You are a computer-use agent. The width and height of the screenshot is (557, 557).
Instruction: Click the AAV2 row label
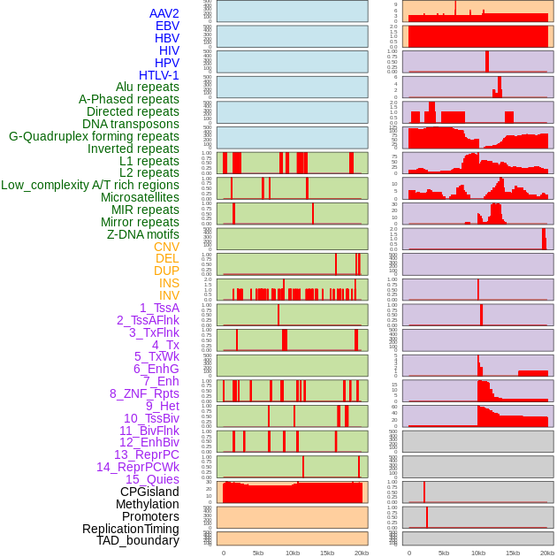(x=164, y=13)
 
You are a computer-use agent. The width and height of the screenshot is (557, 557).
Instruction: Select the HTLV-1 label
(x=158, y=75)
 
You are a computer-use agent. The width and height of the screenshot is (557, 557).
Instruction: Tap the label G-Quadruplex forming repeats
(x=94, y=136)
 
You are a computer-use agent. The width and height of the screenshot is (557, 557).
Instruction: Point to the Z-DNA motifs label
(x=142, y=234)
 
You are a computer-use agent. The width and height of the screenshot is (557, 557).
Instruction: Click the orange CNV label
(x=166, y=247)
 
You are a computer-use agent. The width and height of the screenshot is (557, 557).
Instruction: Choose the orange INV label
(x=169, y=295)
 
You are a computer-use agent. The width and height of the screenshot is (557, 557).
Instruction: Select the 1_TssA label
(x=159, y=308)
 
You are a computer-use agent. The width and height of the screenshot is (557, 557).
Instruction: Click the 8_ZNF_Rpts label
(x=144, y=393)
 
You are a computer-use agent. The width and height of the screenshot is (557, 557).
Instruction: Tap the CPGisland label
(x=149, y=492)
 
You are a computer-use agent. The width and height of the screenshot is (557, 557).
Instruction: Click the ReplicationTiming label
(x=130, y=529)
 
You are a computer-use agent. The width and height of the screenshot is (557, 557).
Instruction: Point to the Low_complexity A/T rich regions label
(x=90, y=185)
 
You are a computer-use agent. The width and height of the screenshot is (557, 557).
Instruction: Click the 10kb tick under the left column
(x=293, y=553)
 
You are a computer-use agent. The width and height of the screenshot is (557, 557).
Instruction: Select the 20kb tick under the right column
(x=547, y=553)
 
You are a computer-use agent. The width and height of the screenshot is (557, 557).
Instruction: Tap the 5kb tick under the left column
(x=258, y=553)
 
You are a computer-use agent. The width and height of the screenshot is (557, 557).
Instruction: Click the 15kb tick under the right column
(x=513, y=553)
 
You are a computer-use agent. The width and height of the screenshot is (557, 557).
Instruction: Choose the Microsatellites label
(x=140, y=197)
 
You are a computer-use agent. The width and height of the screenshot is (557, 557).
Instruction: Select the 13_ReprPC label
(x=146, y=454)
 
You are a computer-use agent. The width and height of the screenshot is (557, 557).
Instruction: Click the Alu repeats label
(x=148, y=87)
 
